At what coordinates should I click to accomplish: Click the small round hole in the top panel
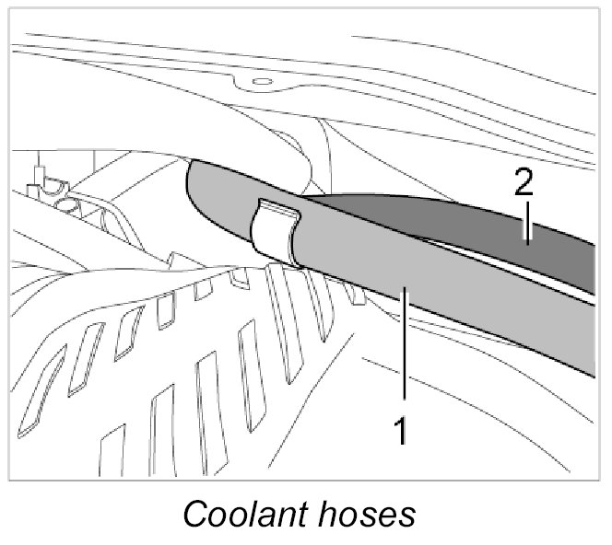260,82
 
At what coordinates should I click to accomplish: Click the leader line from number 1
401,350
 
